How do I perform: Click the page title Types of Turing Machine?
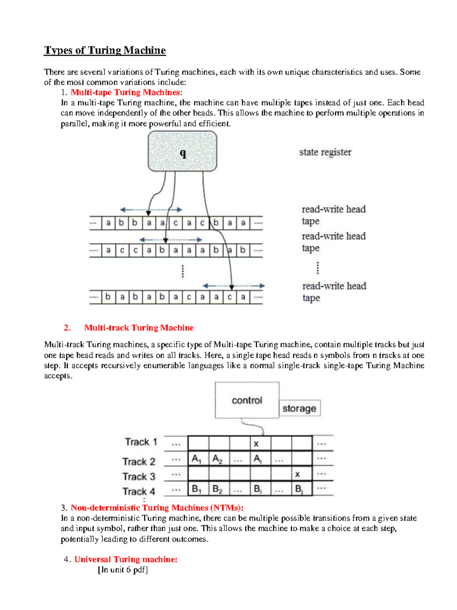point(105,50)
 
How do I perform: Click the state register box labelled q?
point(182,152)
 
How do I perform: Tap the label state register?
point(325,152)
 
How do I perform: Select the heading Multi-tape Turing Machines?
point(125,93)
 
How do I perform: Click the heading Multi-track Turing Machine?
point(139,328)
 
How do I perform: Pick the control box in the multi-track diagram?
point(247,400)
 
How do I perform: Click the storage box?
point(299,409)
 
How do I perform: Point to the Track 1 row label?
point(141,442)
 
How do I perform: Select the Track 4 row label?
point(139,492)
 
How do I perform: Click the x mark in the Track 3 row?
point(297,474)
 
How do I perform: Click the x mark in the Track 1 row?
point(256,444)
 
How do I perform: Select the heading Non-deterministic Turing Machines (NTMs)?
point(157,508)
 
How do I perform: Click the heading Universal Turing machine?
point(126,559)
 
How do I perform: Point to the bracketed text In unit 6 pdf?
point(123,570)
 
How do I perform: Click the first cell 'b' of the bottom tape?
point(108,297)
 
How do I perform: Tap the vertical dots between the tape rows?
point(183,271)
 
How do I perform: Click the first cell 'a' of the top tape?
point(108,223)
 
